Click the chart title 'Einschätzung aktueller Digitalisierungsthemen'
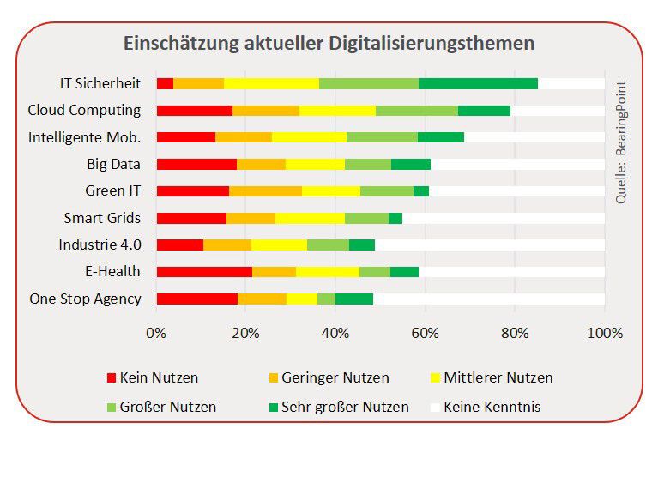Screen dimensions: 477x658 coord(329,43)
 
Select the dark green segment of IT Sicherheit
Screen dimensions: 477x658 coord(478,83)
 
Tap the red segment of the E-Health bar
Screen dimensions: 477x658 coord(204,272)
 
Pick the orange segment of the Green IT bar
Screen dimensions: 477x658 coord(265,190)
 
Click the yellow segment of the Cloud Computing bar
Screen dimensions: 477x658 coord(337,111)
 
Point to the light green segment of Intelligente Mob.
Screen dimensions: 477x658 coord(382,137)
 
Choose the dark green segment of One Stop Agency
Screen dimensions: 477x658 coord(353,299)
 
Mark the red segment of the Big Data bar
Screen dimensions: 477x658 coord(196,164)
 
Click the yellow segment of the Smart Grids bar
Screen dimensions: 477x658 coord(310,218)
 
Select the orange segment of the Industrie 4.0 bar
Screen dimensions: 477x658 coord(227,245)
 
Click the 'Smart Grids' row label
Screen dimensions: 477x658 coord(102,218)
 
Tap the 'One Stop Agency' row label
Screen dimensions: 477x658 coord(85,299)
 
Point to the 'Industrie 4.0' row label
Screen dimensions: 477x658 coord(100,245)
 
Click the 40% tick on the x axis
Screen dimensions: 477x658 coord(335,333)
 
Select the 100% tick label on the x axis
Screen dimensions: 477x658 coord(605,333)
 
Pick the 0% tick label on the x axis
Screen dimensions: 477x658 coord(156,333)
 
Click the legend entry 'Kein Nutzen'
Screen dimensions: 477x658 coord(159,377)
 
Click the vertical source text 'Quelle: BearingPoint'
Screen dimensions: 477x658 coord(621,142)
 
